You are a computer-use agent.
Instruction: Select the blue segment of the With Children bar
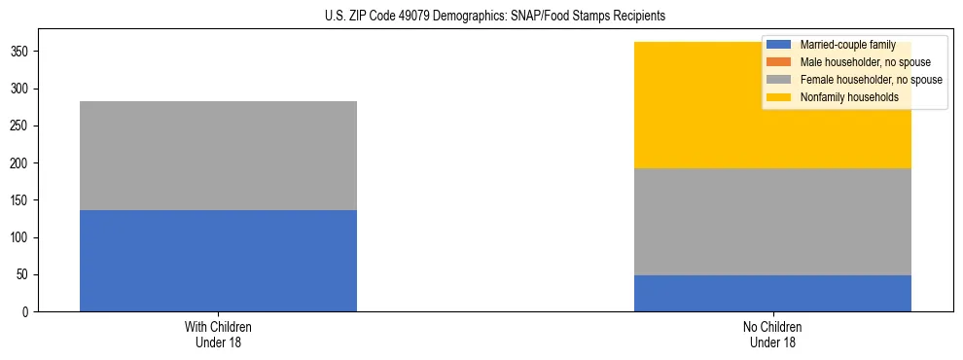[x=218, y=261]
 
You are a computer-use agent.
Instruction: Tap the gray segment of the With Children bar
[x=218, y=156]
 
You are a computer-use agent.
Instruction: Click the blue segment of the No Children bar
[x=772, y=293]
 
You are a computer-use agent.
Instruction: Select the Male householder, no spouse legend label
[x=858, y=62]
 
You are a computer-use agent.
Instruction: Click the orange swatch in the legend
[x=779, y=62]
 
